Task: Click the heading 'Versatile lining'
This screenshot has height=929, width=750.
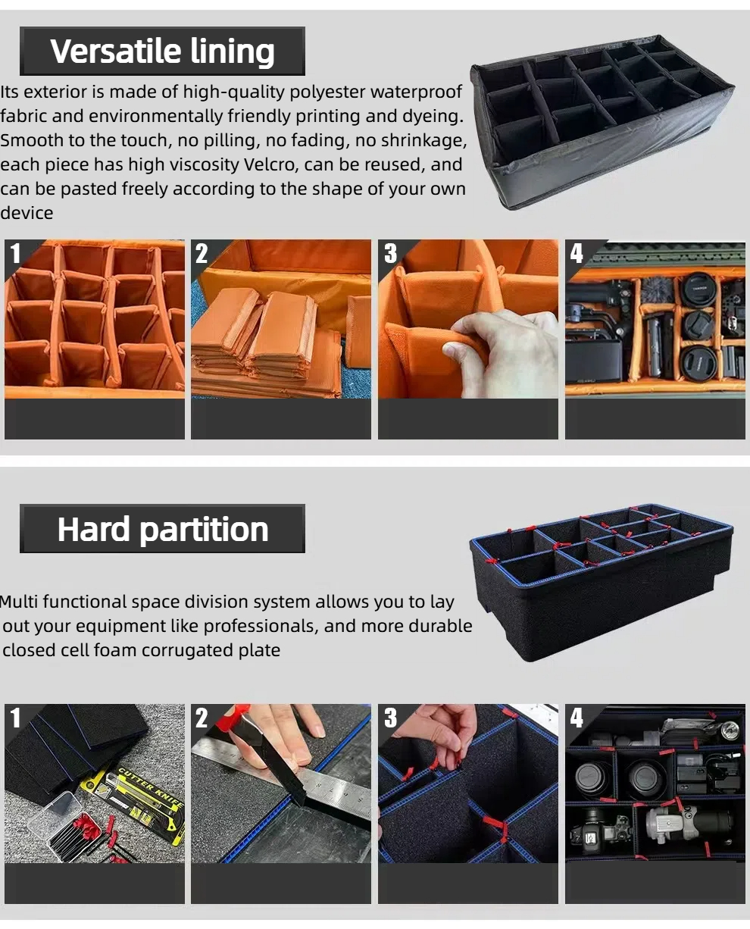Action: click(162, 52)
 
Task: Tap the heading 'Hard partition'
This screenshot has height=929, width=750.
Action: click(163, 529)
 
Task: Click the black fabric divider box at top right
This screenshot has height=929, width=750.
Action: click(602, 122)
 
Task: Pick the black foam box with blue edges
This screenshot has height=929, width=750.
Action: click(601, 582)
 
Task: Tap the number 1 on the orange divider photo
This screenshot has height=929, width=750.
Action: click(16, 253)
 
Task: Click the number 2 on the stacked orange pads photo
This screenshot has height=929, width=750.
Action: click(202, 253)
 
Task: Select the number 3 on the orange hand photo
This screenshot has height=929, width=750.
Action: click(390, 253)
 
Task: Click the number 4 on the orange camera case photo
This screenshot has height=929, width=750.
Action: click(577, 253)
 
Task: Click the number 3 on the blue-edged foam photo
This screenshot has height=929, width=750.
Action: click(390, 718)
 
